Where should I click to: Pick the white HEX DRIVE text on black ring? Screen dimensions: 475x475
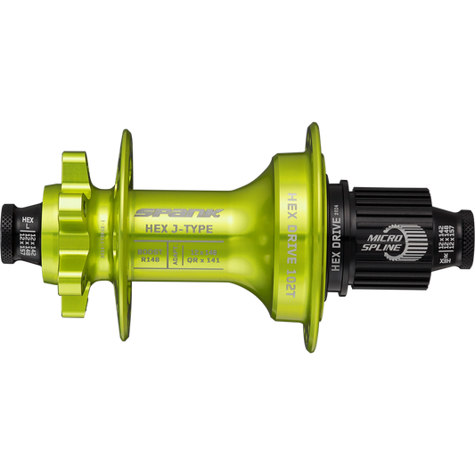click(336, 234)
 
